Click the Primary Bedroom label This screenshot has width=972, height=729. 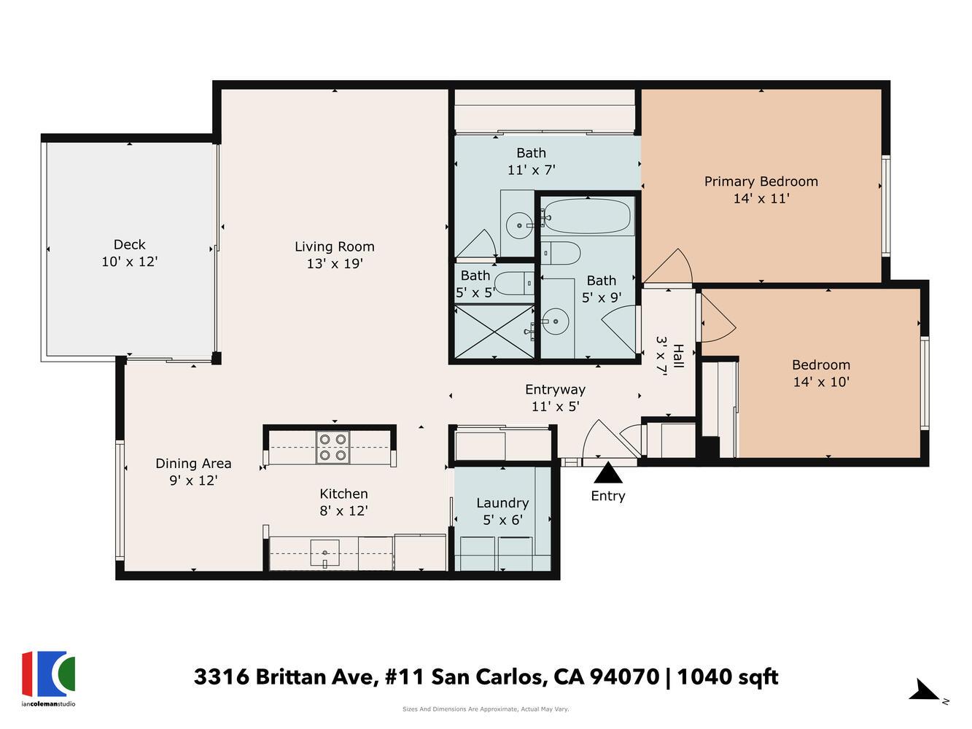coord(761,182)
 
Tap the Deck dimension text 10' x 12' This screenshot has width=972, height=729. coord(130,262)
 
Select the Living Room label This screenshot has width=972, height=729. coord(335,246)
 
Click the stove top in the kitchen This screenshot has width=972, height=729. coord(333,447)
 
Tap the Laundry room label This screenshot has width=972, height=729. coord(502,503)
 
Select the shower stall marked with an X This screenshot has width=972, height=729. coord(494,332)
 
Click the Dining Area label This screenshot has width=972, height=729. coord(193,464)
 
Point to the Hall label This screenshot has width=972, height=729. coord(678,356)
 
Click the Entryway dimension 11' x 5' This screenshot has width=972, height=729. coord(555,407)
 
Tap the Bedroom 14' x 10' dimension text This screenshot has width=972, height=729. coord(821,381)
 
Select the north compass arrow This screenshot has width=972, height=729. coord(926,690)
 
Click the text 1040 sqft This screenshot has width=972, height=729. coord(728,677)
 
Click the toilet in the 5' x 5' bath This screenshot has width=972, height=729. coord(513,281)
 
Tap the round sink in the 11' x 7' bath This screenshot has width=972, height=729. coord(520,225)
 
